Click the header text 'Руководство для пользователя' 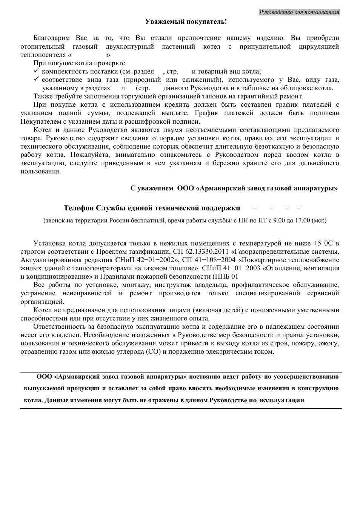click(x=299, y=12)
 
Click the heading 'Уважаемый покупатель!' click(x=186, y=21)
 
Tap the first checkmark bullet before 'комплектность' click(x=36, y=71)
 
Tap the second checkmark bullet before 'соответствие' click(x=36, y=79)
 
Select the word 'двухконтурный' click(x=130, y=46)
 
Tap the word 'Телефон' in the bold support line click(x=78, y=208)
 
